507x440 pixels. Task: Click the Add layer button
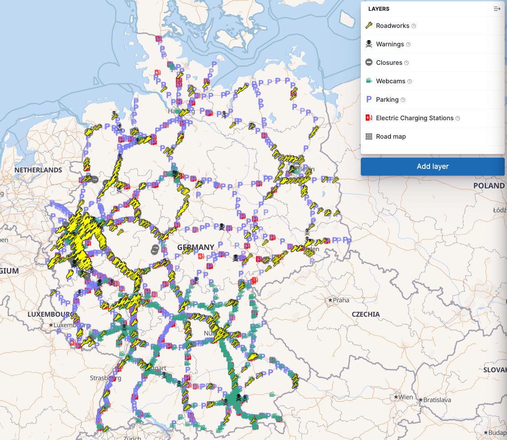[x=432, y=166]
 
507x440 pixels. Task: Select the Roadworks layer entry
[x=392, y=26]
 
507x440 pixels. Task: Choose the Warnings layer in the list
[x=390, y=44]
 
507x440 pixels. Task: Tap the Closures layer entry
[x=389, y=63]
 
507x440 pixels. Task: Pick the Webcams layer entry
[x=390, y=81]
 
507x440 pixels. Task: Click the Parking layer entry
[x=387, y=100]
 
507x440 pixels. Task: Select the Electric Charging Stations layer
[x=414, y=118]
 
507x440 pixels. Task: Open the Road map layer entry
[x=390, y=136]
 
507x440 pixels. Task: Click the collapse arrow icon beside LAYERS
[x=497, y=9]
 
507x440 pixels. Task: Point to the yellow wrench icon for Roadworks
[x=368, y=26]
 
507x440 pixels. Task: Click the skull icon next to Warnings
[x=368, y=44]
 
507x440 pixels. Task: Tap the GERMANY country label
[x=196, y=247]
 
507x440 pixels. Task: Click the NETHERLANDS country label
[x=38, y=170]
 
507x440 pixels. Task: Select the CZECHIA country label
[x=366, y=314]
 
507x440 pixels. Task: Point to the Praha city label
[x=341, y=300]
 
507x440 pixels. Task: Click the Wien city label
[x=405, y=397]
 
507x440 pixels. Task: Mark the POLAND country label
[x=489, y=186]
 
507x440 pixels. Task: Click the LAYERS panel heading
[x=379, y=9]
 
